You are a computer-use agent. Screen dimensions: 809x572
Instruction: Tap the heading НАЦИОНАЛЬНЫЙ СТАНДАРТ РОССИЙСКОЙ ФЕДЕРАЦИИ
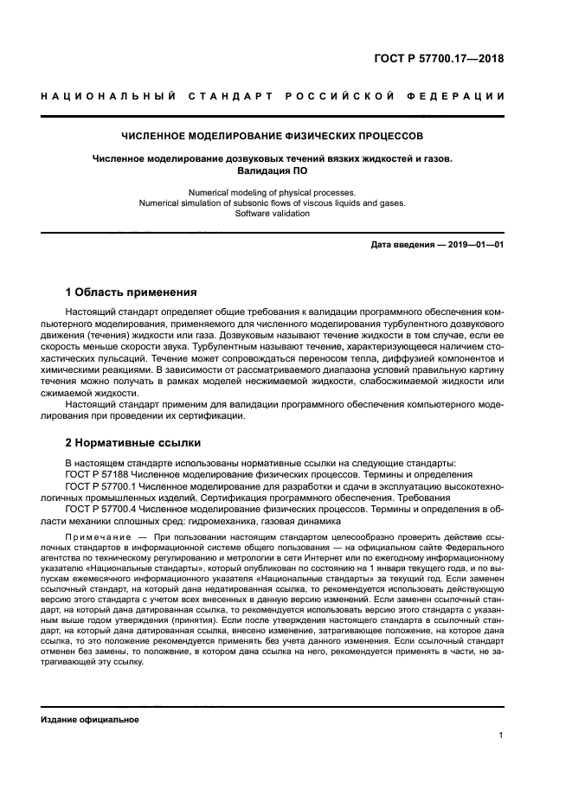click(x=273, y=95)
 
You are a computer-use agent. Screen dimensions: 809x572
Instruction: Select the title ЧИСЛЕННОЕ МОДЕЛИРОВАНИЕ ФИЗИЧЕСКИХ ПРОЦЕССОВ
click(x=273, y=136)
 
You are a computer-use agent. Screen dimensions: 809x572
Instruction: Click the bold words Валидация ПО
click(x=273, y=170)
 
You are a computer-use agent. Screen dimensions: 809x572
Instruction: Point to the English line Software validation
click(x=273, y=213)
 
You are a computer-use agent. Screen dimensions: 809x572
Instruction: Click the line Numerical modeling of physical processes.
click(x=273, y=192)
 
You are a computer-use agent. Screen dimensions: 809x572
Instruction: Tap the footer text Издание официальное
click(x=89, y=719)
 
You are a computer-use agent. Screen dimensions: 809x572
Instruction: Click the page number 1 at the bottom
click(x=500, y=735)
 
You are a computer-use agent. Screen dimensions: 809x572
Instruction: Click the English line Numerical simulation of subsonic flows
click(x=273, y=202)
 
